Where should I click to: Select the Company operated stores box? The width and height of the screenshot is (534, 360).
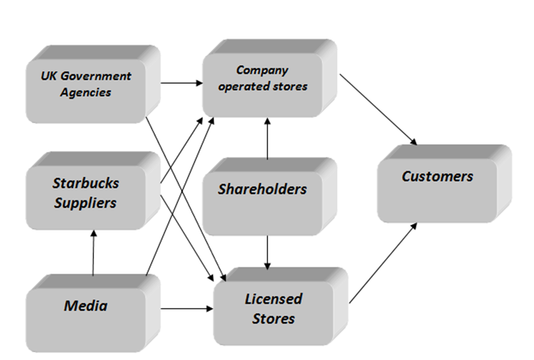coord(263,79)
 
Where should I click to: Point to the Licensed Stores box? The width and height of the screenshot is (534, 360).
coord(274,309)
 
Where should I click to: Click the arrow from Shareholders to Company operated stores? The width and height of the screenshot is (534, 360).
coord(266,136)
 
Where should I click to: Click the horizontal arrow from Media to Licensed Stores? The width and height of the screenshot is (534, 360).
coord(187,309)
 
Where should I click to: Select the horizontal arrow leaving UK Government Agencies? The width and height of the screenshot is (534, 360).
coord(182,83)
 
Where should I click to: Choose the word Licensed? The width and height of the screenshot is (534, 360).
coord(274,299)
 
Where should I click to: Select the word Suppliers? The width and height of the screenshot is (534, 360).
coord(85,203)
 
